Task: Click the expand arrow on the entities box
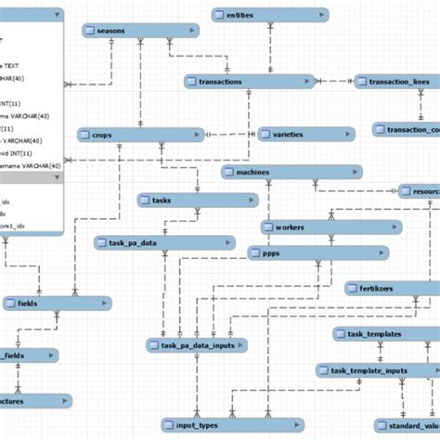coord(319,15)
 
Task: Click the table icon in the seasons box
coord(89,31)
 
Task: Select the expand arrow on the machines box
coord(353,173)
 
